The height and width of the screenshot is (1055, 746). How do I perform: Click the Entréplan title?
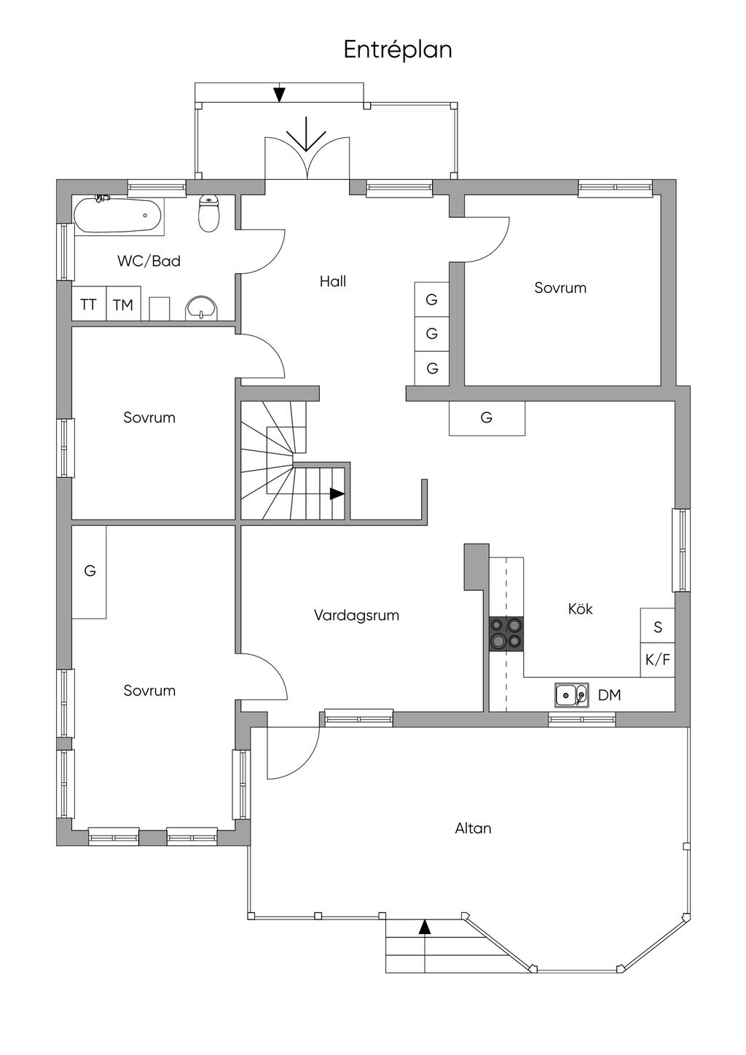point(398,50)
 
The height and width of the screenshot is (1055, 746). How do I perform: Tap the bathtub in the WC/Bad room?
point(118,215)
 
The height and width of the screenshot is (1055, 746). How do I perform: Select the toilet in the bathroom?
point(208,213)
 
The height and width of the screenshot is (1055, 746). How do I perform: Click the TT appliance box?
point(89,304)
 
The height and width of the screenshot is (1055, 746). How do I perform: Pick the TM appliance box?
point(123,304)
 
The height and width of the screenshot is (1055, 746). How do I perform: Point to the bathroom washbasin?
point(202,308)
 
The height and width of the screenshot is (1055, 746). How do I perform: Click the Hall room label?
point(333,282)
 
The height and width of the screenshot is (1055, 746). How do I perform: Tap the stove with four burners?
point(506,633)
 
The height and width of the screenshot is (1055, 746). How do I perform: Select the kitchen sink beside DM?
point(571,694)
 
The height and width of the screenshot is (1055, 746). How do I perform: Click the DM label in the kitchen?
point(610,695)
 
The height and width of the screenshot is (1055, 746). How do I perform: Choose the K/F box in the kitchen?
point(657,660)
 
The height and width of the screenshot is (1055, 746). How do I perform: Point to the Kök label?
point(580,609)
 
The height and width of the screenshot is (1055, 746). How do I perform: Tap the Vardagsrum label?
point(356,615)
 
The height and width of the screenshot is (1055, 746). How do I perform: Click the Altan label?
point(473,828)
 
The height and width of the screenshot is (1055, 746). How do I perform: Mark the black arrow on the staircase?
point(337,493)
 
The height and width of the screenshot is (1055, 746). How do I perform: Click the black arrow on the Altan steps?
point(425,927)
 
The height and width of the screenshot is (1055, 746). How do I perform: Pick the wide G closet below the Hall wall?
point(487,417)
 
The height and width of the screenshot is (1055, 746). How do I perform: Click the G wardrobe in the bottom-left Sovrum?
point(89,572)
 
